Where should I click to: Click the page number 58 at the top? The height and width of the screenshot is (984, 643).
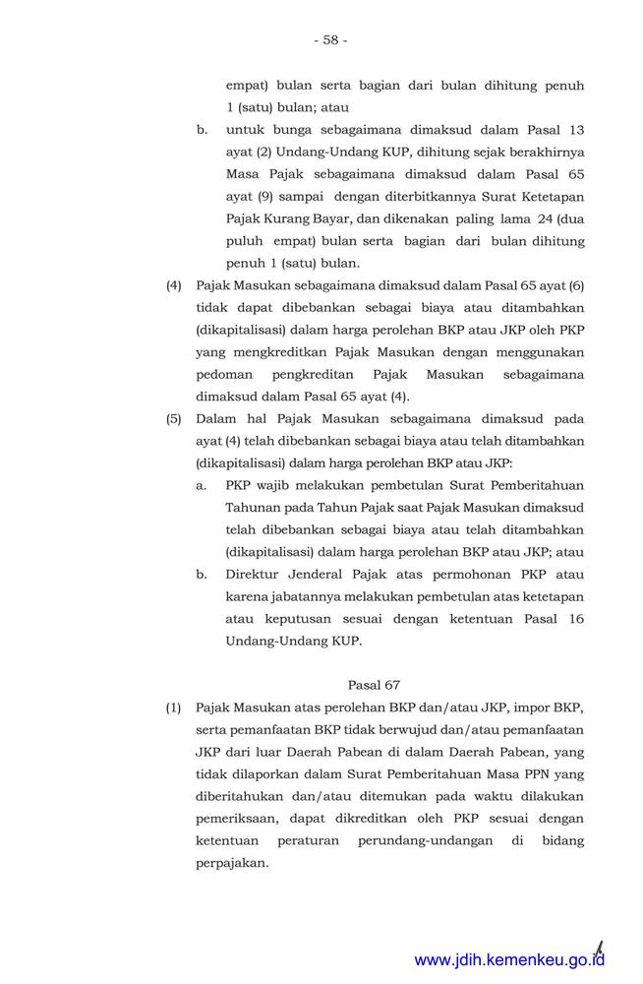coord(329,40)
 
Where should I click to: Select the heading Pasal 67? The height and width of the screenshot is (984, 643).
coord(374,684)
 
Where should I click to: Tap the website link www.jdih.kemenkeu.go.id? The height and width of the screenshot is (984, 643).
coord(509,960)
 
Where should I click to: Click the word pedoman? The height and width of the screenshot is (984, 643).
coord(225,375)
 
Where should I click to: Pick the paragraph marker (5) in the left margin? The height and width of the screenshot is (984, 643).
coord(174,418)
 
